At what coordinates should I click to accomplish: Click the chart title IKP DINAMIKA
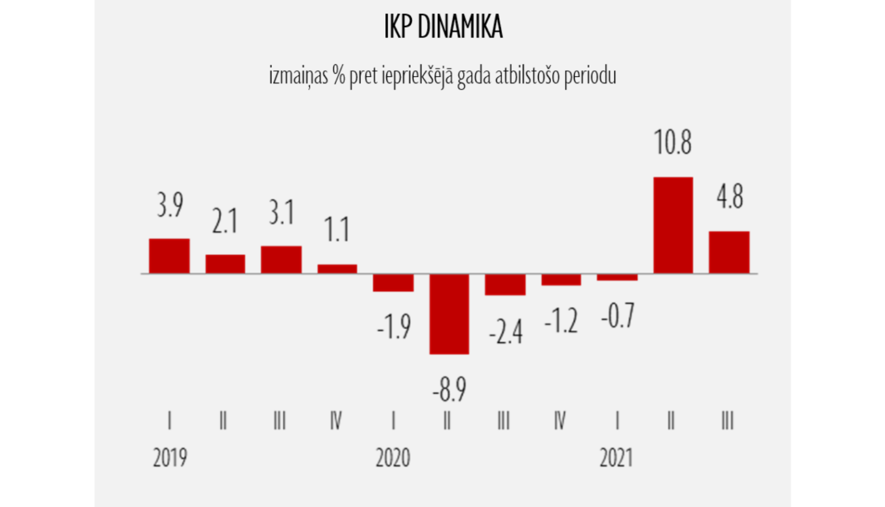point(443,27)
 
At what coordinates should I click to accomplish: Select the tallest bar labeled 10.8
point(673,225)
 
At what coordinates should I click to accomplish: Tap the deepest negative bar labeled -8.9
point(449,314)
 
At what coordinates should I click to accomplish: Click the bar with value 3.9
point(169,256)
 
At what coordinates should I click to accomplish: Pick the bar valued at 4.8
point(729,252)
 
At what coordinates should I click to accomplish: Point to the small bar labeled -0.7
point(617,277)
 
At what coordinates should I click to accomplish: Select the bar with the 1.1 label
point(337,269)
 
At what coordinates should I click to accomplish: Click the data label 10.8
point(673,143)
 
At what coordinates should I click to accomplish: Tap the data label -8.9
point(449,389)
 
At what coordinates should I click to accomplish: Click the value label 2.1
point(225,222)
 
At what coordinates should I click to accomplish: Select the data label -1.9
point(394,327)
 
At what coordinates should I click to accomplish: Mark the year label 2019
point(170,457)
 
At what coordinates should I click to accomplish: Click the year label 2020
point(393,457)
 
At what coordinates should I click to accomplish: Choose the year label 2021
point(616,457)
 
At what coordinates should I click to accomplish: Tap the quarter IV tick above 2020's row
point(559,421)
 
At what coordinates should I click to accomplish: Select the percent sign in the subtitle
point(338,75)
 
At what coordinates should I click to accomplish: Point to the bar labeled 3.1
point(281,259)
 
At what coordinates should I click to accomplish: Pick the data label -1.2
point(560,321)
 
